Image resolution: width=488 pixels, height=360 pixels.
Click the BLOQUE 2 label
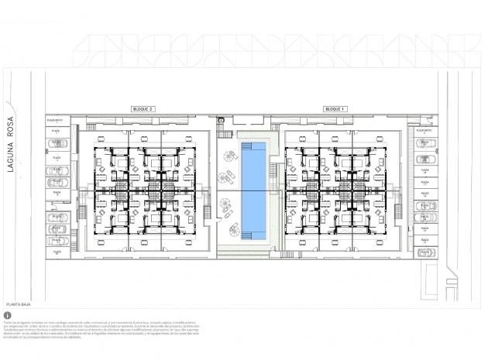tap(143, 109)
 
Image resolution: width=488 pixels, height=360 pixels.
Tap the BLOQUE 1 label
tap(335, 109)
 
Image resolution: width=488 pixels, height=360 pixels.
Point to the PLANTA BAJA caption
tap(19, 306)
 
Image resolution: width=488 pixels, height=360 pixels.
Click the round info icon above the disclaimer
tap(8, 316)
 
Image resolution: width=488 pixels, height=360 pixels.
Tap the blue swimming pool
tap(252, 188)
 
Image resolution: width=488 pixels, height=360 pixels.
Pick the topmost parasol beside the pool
tap(229, 156)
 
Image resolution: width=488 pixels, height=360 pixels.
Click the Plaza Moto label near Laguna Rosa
tap(54, 120)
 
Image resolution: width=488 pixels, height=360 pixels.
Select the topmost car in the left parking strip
tap(57, 142)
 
